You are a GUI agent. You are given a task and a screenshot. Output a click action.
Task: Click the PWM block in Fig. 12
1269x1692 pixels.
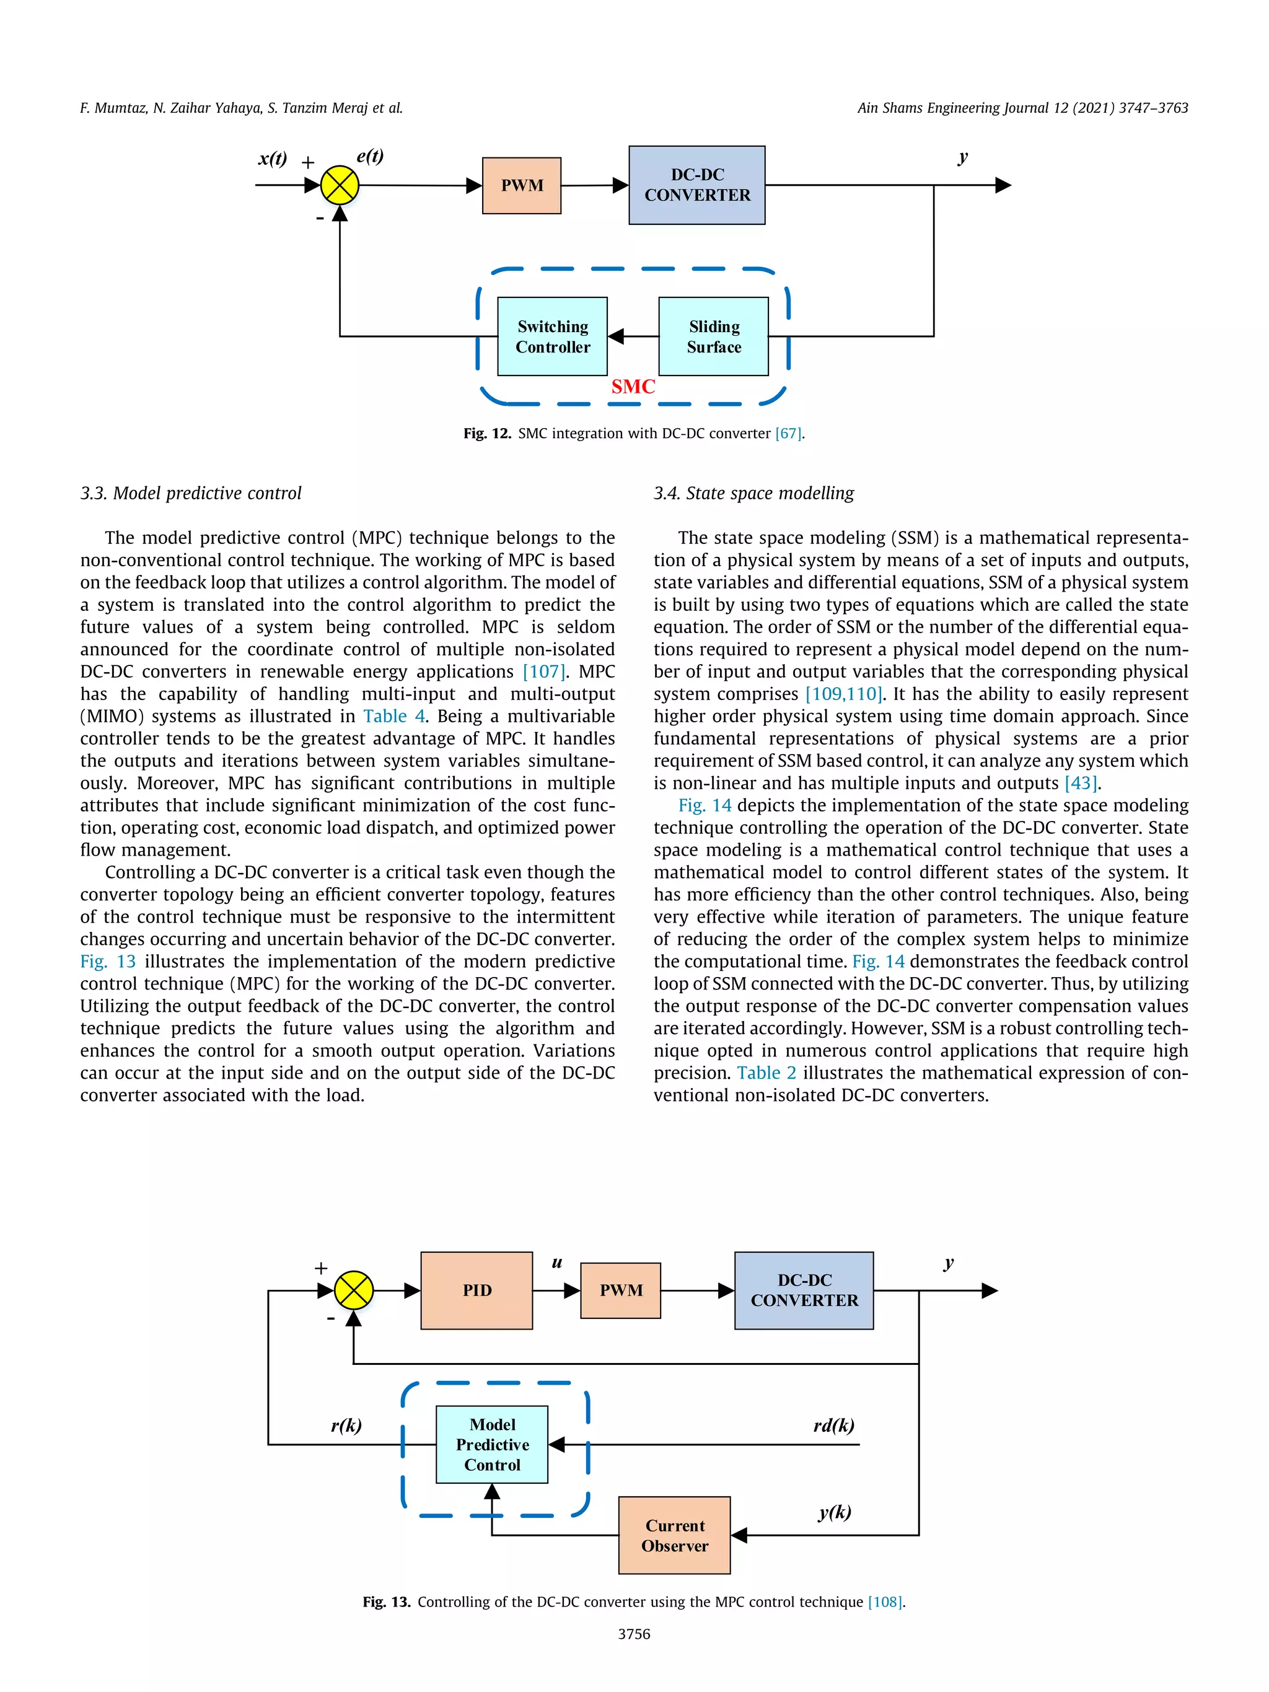[x=522, y=186]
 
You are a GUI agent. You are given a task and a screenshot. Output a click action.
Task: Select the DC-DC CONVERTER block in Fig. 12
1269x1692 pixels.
[x=697, y=185]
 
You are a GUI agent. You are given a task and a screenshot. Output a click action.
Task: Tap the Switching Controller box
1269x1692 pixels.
[x=552, y=336]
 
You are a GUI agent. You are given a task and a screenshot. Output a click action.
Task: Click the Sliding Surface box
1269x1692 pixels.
[x=714, y=336]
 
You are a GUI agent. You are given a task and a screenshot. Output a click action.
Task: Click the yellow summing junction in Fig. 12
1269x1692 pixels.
[x=340, y=185]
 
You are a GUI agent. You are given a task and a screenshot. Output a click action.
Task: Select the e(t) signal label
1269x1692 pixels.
[x=370, y=156]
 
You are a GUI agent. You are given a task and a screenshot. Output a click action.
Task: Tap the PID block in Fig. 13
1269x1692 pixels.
[x=476, y=1291]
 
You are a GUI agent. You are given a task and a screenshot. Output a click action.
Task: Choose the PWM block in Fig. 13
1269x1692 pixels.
[x=620, y=1291]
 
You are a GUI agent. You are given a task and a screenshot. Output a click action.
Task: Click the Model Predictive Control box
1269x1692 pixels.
[x=492, y=1444]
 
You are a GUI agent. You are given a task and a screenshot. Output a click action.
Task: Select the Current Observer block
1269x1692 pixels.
[x=675, y=1535]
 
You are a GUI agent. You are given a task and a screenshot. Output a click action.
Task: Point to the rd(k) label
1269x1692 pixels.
[x=834, y=1425]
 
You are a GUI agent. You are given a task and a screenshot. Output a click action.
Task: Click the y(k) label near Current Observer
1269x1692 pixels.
[x=835, y=1512]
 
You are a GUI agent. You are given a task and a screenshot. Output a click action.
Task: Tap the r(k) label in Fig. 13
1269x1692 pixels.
[x=346, y=1425]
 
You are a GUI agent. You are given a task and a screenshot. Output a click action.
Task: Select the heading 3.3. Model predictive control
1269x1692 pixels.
[x=191, y=493]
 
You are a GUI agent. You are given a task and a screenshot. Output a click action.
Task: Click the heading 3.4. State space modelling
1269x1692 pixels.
[x=753, y=493]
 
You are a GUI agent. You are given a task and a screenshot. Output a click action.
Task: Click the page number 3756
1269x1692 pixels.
[x=634, y=1634]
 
